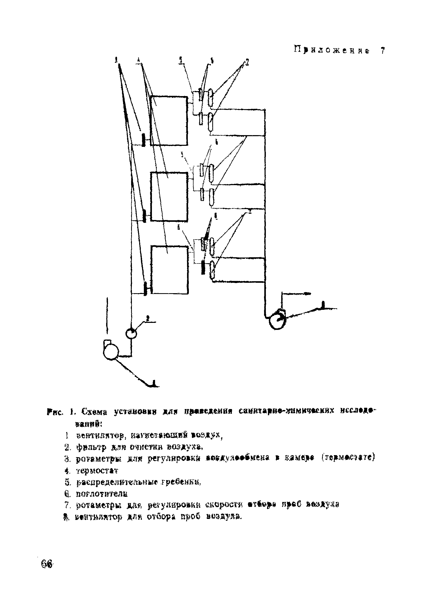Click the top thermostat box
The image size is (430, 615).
(x=169, y=121)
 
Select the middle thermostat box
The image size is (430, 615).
(x=169, y=197)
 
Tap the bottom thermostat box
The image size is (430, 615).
(x=169, y=270)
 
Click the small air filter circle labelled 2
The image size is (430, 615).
(x=131, y=334)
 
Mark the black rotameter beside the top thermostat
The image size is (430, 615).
(x=144, y=140)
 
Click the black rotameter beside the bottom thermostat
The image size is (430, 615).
(x=145, y=288)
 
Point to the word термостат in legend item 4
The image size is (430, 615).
(x=97, y=471)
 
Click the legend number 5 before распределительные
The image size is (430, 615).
(x=67, y=482)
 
